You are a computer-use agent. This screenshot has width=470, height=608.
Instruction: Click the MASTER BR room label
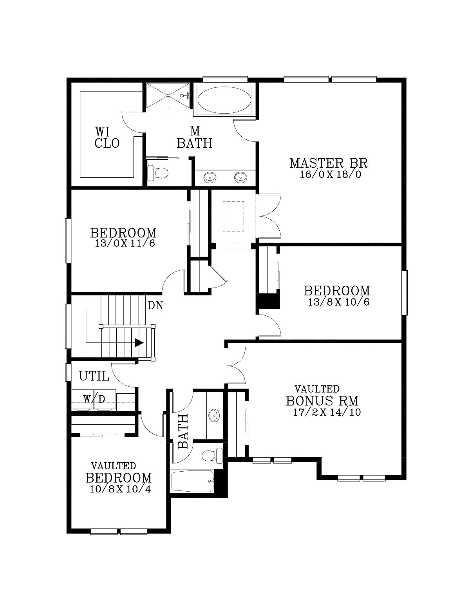pyautogui.click(x=329, y=163)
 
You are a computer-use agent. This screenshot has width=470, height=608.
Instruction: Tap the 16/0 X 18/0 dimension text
pyautogui.click(x=331, y=175)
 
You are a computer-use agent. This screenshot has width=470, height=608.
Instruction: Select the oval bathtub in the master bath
pyautogui.click(x=224, y=100)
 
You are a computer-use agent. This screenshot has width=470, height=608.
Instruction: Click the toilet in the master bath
pyautogui.click(x=158, y=173)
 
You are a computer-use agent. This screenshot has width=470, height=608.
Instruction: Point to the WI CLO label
pyautogui.click(x=107, y=138)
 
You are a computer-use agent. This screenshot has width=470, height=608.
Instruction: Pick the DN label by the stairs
pyautogui.click(x=155, y=305)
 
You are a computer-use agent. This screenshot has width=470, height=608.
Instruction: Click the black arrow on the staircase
pyautogui.click(x=139, y=342)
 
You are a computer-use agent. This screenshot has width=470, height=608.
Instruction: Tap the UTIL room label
pyautogui.click(x=94, y=376)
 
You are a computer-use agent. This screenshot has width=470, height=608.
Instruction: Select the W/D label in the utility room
pyautogui.click(x=94, y=399)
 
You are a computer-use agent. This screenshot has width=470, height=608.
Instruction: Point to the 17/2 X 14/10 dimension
pyautogui.click(x=327, y=412)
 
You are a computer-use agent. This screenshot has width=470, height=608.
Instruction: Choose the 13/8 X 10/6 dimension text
pyautogui.click(x=338, y=302)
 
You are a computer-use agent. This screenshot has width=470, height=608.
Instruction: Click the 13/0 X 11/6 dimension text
pyautogui.click(x=125, y=243)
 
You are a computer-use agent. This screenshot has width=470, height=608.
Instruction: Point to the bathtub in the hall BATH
pyautogui.click(x=193, y=481)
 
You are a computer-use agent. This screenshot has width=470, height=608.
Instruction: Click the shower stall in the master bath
pyautogui.click(x=168, y=95)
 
